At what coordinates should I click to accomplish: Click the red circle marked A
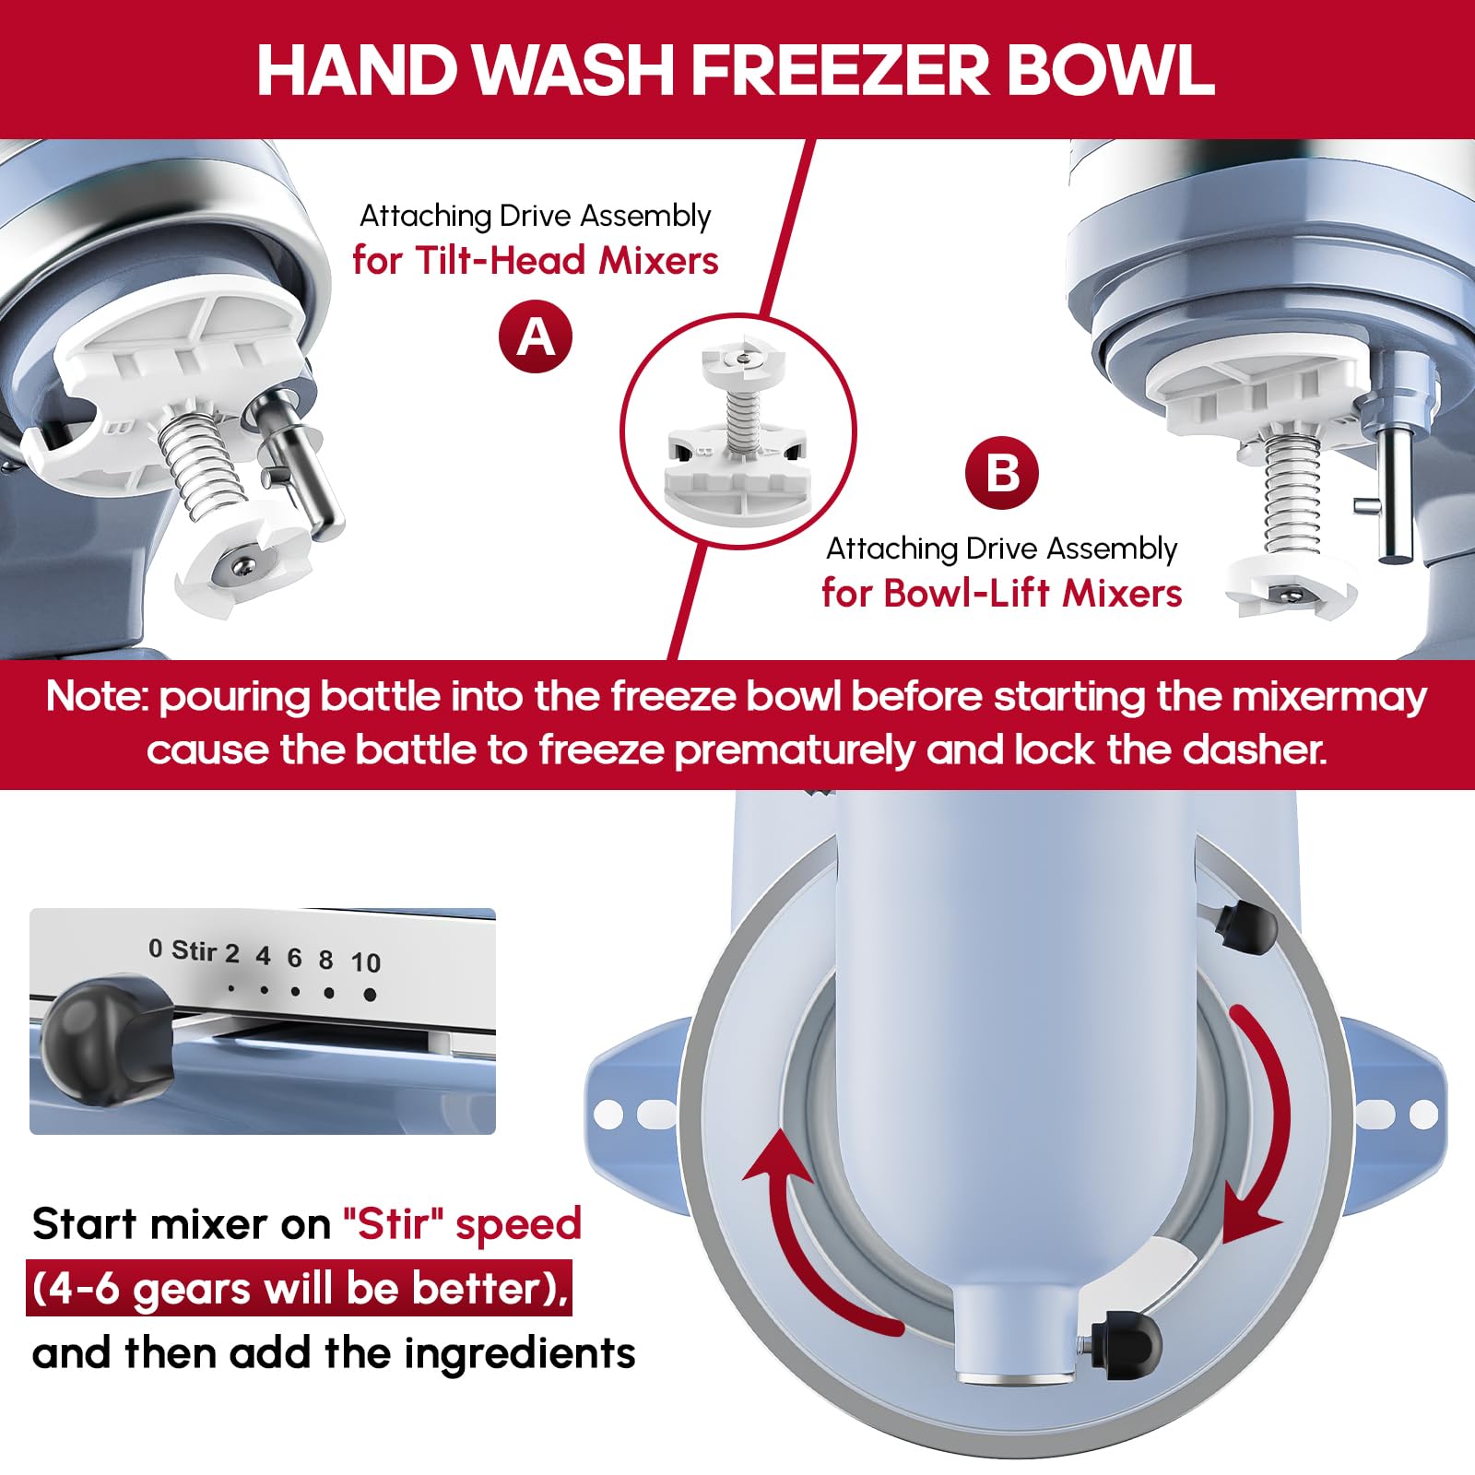(x=536, y=336)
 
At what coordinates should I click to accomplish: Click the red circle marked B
(x=1002, y=473)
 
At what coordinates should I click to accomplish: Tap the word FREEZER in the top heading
(x=839, y=69)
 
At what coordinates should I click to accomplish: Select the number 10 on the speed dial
(x=365, y=962)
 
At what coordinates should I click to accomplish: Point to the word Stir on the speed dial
(x=194, y=950)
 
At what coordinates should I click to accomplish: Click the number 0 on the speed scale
(x=155, y=948)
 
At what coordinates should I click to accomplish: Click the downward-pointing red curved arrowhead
(x=1250, y=1213)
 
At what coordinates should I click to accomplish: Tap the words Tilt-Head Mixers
(x=567, y=261)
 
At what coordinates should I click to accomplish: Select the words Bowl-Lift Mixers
(x=1032, y=593)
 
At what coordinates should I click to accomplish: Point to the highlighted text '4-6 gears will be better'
(x=299, y=1288)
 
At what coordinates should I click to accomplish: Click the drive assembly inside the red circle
(x=737, y=431)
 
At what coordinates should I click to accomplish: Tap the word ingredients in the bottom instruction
(x=520, y=1354)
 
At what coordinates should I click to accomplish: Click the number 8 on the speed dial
(x=325, y=960)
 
